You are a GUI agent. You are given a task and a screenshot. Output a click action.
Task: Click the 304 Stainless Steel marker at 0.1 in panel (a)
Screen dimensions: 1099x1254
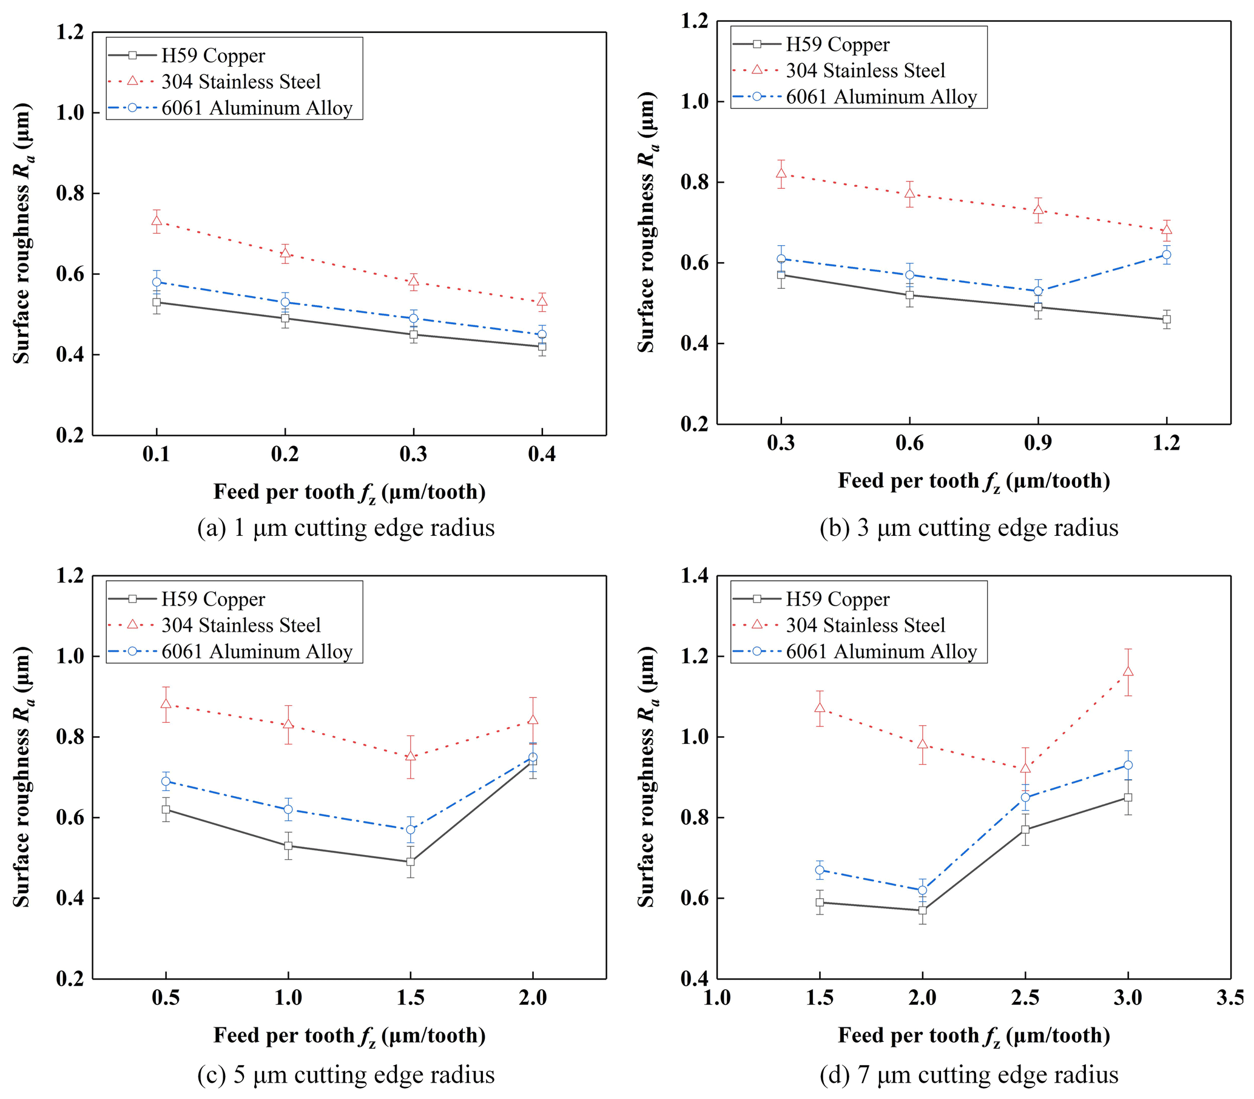pos(157,221)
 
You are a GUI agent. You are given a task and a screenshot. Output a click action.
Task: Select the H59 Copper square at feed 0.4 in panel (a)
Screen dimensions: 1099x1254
pos(542,347)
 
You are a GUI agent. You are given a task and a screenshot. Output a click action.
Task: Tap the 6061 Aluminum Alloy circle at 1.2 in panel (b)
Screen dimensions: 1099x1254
pos(1166,254)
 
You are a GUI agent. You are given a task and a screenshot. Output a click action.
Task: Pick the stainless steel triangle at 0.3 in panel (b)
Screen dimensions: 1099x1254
pos(781,173)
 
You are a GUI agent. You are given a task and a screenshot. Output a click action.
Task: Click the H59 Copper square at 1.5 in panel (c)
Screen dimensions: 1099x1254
pos(410,862)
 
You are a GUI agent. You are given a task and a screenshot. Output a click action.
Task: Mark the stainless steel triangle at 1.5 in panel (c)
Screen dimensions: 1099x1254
pos(410,756)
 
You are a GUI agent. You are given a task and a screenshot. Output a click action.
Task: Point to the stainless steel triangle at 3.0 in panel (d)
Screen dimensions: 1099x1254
pos(1128,672)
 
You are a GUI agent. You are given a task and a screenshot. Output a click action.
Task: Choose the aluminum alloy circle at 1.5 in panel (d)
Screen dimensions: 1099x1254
pos(820,870)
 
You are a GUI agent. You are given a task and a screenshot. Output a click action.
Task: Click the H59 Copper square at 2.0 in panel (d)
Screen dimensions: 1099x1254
pos(922,910)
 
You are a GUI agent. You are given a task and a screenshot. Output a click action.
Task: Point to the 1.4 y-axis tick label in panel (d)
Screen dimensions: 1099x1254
pos(694,575)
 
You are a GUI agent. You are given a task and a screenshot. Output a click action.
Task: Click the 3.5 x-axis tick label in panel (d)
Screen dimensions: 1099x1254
pos(1230,998)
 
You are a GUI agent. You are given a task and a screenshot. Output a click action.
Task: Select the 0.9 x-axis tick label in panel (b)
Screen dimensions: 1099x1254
pos(1037,443)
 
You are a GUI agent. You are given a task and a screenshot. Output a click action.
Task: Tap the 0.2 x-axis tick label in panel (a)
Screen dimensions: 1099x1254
pos(285,454)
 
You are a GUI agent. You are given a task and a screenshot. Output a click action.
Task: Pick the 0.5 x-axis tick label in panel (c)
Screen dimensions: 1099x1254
pos(166,998)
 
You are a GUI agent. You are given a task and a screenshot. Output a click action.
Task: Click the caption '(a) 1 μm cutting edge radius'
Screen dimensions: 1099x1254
pos(346,528)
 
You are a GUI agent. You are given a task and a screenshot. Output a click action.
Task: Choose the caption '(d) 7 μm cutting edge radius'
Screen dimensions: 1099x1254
pos(969,1074)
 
